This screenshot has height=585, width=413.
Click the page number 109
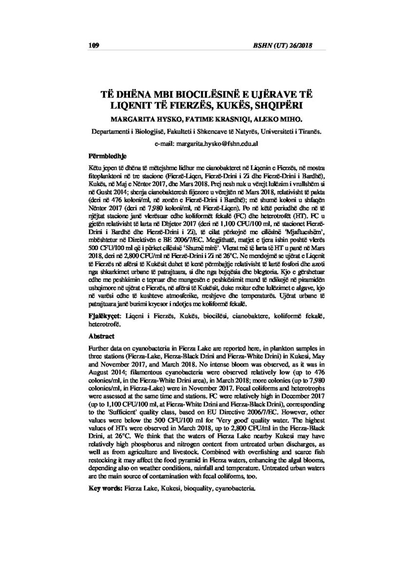[x=94, y=46]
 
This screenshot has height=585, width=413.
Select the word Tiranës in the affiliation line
[x=309, y=132]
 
